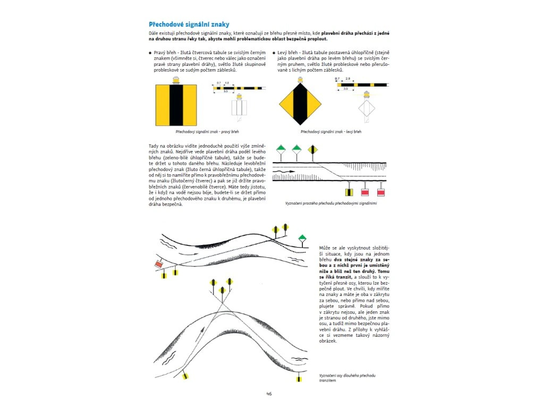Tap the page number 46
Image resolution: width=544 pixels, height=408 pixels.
pos(269,394)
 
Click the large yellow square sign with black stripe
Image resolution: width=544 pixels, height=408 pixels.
pos(176,105)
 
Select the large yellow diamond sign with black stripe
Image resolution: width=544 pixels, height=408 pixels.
pos(301,106)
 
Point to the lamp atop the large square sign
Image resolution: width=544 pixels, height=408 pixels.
pos(176,80)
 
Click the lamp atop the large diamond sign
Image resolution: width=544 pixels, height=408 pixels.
pos(301,80)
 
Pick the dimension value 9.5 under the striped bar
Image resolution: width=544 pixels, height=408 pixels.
pos(225,92)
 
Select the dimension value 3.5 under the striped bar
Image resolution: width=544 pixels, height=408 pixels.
pos(345,89)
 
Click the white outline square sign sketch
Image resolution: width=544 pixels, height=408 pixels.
pos(240,108)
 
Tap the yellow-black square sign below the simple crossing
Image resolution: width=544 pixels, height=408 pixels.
pos(350,191)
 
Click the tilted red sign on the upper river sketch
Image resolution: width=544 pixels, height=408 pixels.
pos(158,264)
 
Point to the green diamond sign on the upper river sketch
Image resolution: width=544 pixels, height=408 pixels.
pos(302,237)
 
